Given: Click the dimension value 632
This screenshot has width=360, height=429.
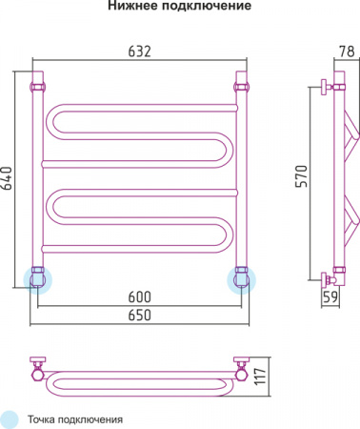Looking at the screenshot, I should pyautogui.click(x=140, y=51).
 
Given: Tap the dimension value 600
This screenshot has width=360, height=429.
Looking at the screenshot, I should pyautogui.click(x=140, y=296).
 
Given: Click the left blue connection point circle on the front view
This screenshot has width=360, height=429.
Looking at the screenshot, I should pyautogui.click(x=38, y=278).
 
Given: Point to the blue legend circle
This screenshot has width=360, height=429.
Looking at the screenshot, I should pyautogui.click(x=10, y=418).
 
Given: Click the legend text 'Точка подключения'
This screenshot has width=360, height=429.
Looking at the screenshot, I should pyautogui.click(x=74, y=419).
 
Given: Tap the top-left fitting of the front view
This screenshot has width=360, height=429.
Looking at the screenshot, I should pyautogui.click(x=38, y=86).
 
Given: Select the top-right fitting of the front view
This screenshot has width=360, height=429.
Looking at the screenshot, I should pyautogui.click(x=241, y=86).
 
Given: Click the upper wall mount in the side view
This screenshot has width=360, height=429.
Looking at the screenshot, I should pyautogui.click(x=331, y=86).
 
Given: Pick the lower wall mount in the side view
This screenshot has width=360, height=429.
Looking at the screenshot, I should pyautogui.click(x=331, y=278).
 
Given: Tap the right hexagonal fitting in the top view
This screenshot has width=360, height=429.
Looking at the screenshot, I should pyautogui.click(x=241, y=365).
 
